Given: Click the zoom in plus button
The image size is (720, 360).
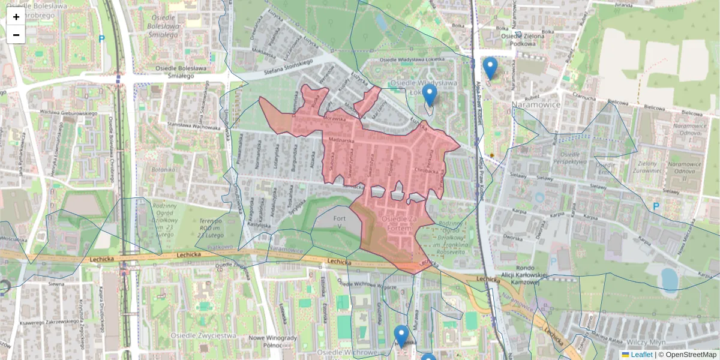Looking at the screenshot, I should click(x=16, y=17).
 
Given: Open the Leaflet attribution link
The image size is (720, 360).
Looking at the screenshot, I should click(x=641, y=355).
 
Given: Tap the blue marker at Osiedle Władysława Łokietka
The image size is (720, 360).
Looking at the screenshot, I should click(x=429, y=95).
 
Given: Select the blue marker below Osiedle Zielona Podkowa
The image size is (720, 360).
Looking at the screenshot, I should click(x=490, y=68).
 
